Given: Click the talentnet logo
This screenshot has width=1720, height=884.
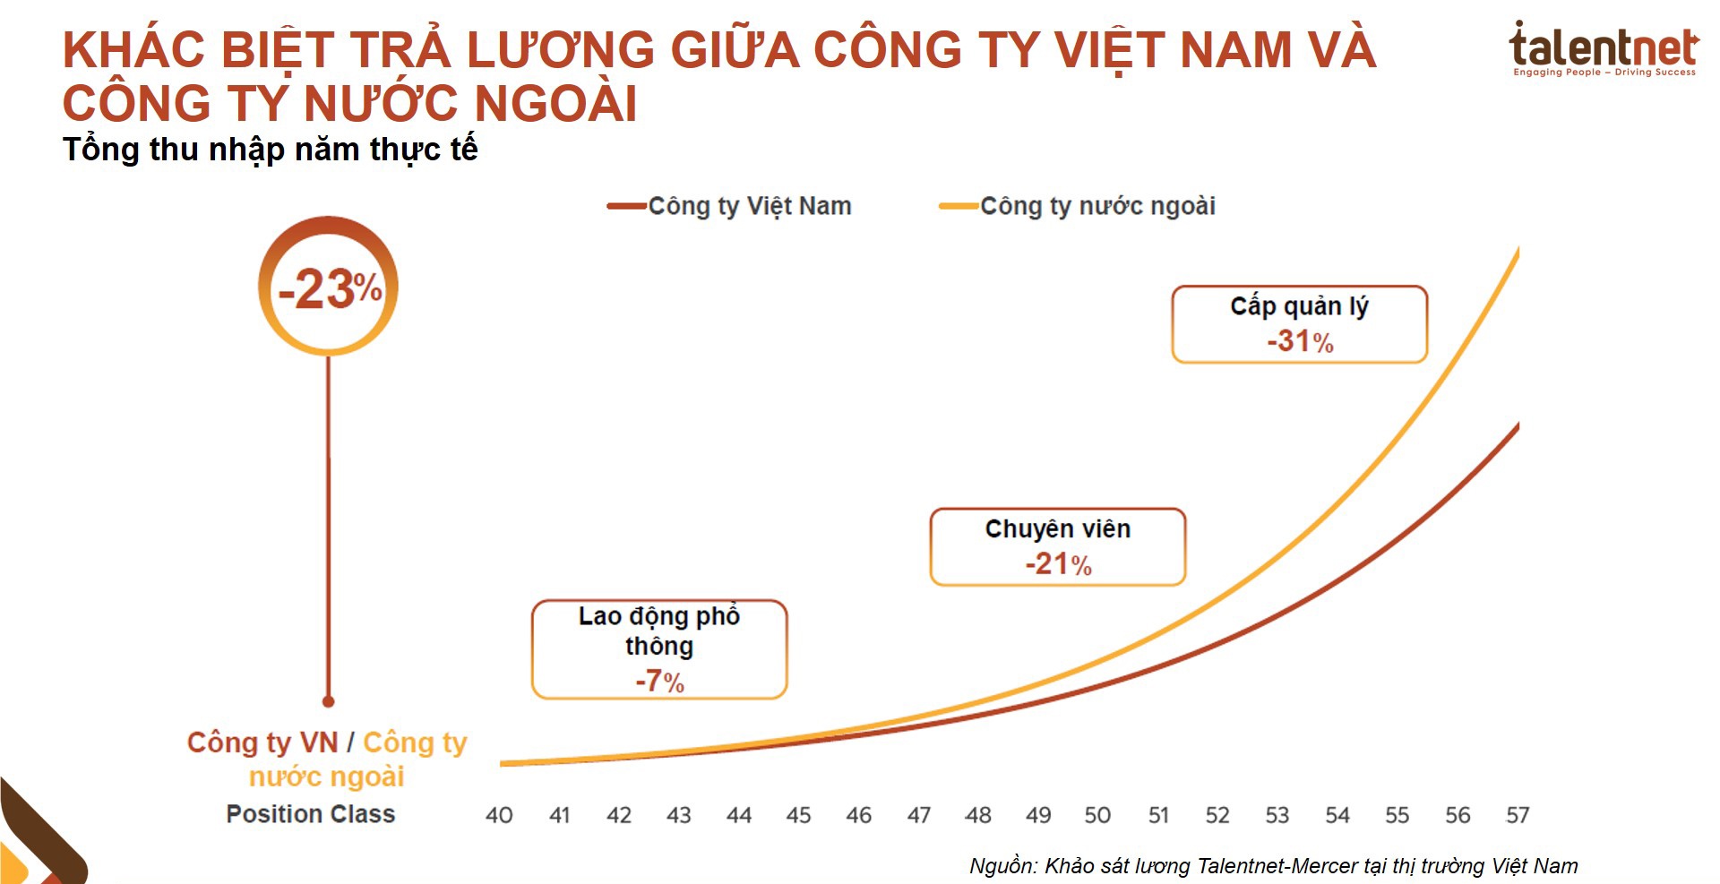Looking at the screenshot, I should (x=1603, y=50).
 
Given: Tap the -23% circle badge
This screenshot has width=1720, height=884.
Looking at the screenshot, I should (x=329, y=288).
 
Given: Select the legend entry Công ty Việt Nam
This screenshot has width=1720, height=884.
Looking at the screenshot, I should (x=729, y=206).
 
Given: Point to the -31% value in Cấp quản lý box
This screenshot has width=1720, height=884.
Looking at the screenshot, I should (x=1299, y=341).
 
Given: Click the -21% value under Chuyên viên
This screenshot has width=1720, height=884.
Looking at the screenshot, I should (x=1058, y=564).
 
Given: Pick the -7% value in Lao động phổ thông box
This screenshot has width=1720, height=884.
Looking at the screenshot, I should (x=659, y=681).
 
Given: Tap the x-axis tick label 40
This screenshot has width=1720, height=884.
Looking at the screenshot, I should (x=499, y=815).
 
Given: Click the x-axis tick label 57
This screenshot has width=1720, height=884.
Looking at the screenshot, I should (x=1518, y=815).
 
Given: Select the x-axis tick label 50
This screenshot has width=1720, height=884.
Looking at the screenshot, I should (x=1097, y=815).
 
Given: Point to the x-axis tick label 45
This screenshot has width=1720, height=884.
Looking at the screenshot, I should (x=798, y=815).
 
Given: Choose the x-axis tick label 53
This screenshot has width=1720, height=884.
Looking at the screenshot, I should (x=1277, y=815).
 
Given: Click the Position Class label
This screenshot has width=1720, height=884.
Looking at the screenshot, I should (x=310, y=813).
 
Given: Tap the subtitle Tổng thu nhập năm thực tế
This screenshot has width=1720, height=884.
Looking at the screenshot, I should (x=270, y=149).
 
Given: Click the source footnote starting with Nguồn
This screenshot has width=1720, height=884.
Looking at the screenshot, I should (x=1273, y=866).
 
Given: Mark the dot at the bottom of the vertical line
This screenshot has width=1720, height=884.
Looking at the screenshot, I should (x=329, y=701).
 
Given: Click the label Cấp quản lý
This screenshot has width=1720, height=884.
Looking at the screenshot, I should (x=1299, y=306).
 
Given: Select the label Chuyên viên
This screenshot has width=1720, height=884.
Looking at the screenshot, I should (x=1058, y=529).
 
